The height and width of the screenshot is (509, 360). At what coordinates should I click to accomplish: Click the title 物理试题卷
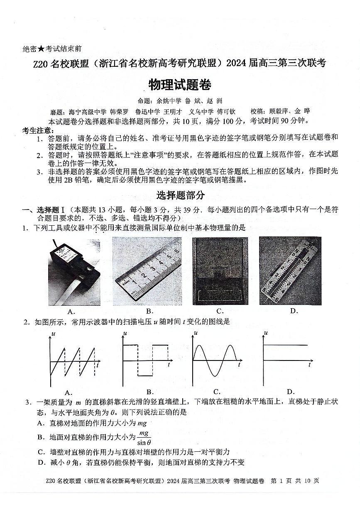[180, 85]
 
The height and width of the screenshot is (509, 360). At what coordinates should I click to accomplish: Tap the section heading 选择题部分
[180, 195]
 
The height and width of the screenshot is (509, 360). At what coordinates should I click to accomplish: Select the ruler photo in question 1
[147, 271]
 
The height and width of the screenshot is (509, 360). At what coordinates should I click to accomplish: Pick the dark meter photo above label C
[220, 271]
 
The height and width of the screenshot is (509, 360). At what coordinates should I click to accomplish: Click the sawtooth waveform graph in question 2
[73, 359]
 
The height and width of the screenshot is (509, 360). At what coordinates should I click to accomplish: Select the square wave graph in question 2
[146, 359]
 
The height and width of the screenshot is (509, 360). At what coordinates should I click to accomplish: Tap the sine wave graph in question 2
[215, 359]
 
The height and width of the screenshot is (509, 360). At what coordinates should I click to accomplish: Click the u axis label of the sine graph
[195, 333]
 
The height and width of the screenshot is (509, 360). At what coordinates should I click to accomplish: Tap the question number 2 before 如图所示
[26, 322]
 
